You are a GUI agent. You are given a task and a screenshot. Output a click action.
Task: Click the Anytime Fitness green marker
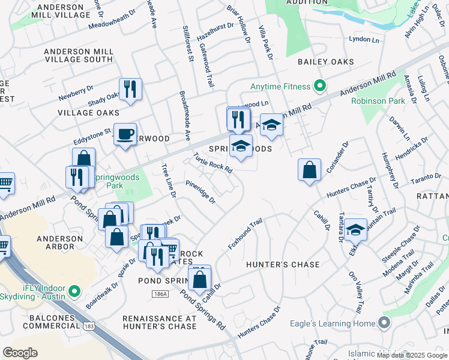click(320, 87)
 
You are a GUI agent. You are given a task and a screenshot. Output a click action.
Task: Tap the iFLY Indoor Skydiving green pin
click(74, 292)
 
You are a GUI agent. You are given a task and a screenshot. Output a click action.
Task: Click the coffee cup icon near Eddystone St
click(125, 134)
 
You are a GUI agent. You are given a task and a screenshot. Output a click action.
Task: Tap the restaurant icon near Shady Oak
click(130, 89)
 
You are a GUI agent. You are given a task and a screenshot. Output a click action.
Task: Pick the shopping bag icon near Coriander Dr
click(309, 170)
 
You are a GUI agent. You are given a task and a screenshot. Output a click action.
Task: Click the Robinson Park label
click(378, 101)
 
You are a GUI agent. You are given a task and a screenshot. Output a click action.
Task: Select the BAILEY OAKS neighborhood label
click(324, 62)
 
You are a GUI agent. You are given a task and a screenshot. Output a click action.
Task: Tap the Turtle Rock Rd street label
click(212, 163)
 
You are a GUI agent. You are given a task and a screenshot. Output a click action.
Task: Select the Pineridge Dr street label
click(200, 192)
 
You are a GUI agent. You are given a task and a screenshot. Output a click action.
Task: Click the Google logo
click(20, 353)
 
